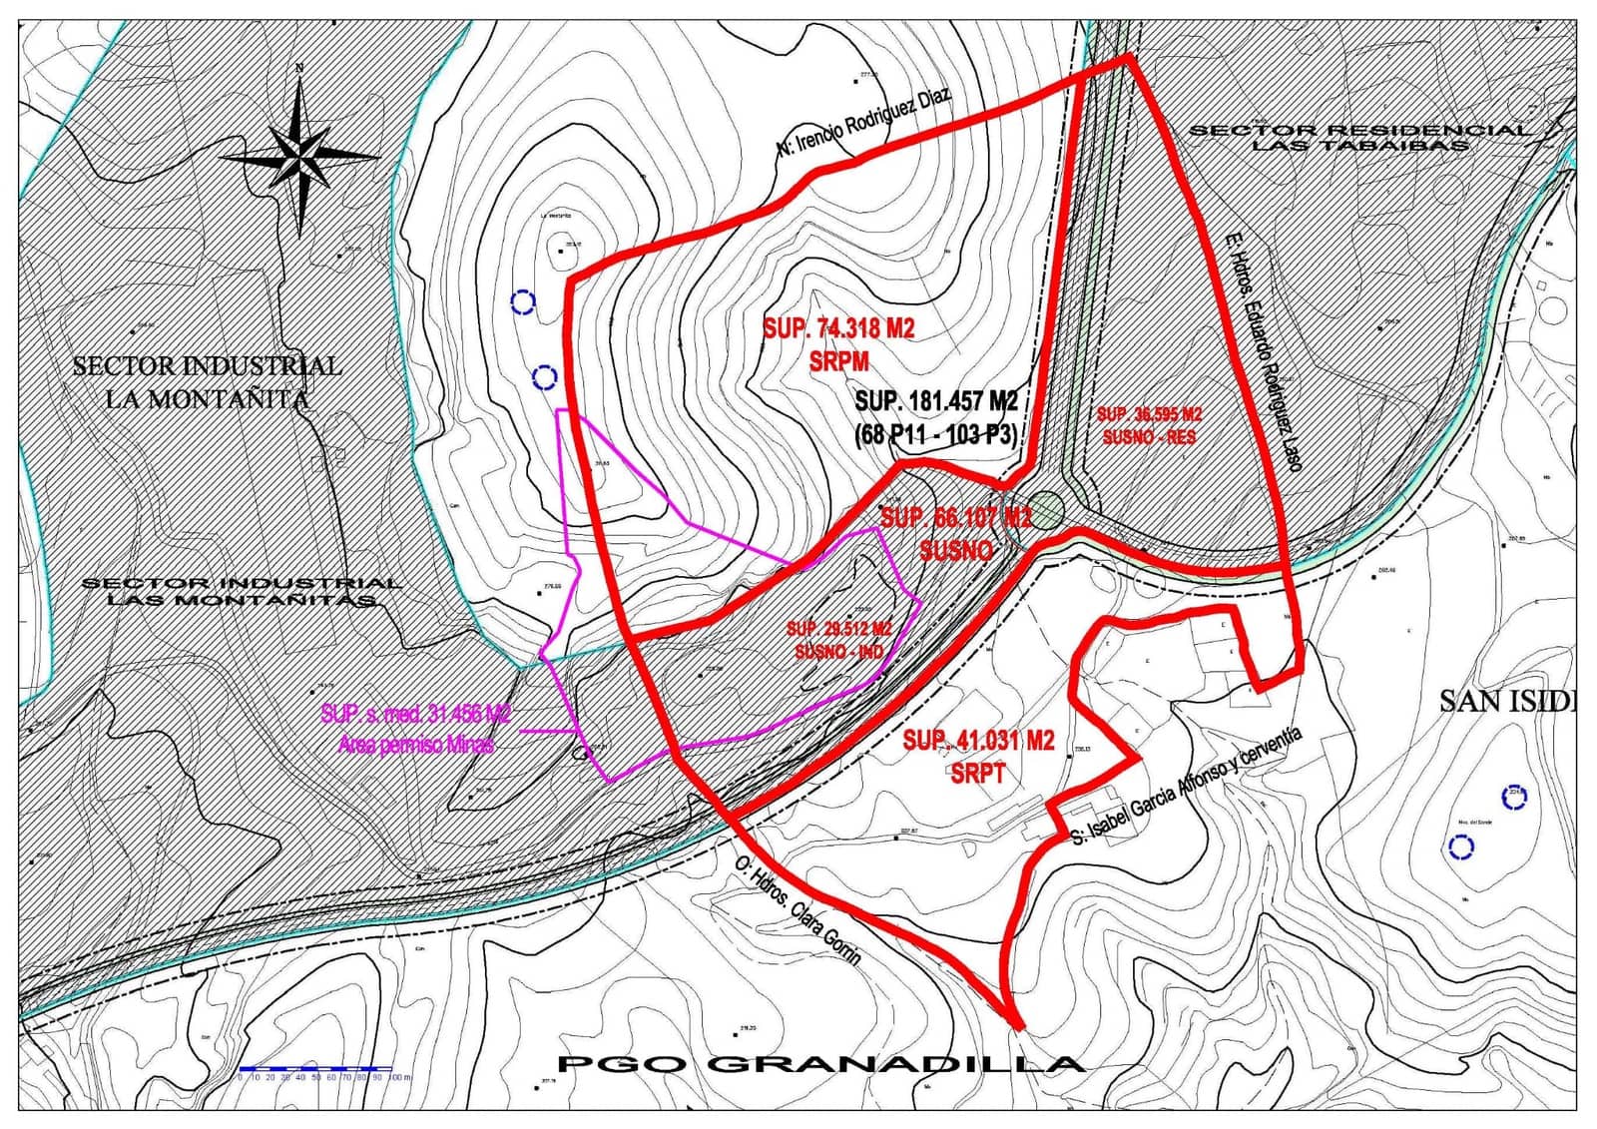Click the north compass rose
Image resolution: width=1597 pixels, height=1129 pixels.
pos(299,157)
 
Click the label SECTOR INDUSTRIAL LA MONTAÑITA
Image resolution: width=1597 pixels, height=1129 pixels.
pos(208,382)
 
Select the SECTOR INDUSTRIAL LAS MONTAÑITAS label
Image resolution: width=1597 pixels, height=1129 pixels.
pos(241,591)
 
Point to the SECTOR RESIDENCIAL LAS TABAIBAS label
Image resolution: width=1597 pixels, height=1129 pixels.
pos(1359,137)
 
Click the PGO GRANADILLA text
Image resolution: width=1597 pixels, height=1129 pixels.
pos(820,1064)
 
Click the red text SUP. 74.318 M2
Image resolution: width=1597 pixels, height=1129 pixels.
pos(838,328)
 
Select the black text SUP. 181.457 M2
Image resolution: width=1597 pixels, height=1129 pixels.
pos(936,401)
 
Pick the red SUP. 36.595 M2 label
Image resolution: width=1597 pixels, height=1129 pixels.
pos(1149,414)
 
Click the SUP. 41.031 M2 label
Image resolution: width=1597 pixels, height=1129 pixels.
pos(978,740)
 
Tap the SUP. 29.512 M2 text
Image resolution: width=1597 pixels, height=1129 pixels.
pos(838,629)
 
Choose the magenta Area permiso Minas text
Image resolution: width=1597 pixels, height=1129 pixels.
pos(416,745)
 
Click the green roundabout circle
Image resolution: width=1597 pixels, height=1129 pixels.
pos(1045,509)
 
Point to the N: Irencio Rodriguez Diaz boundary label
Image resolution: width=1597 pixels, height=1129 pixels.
pos(864,122)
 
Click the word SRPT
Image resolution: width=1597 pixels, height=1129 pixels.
pos(978,773)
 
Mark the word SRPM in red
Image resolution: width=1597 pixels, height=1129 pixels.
pos(838,360)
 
